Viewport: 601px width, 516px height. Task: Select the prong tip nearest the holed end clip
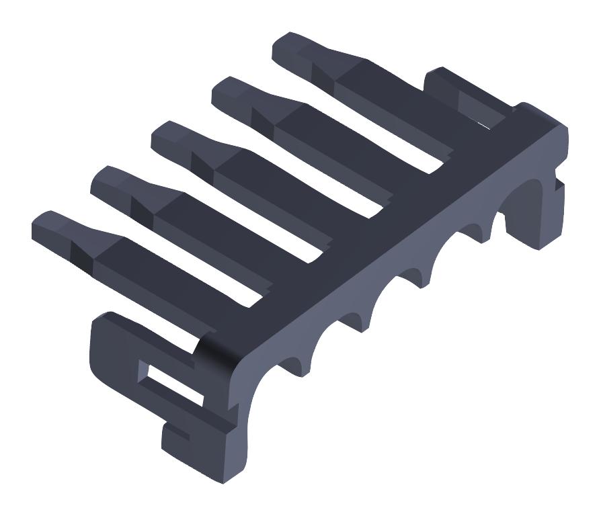47,224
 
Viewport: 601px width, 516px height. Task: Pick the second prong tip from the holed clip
108,178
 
